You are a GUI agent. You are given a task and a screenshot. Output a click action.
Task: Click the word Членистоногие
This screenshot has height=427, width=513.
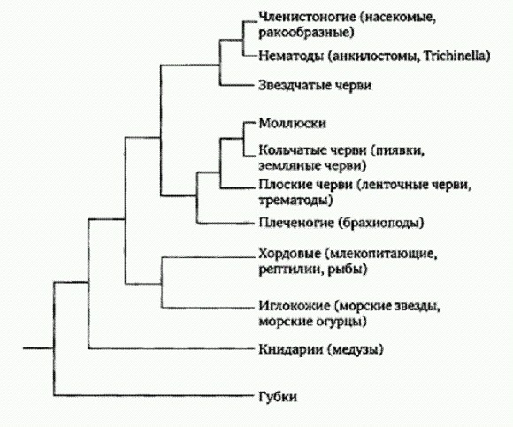[x=307, y=17]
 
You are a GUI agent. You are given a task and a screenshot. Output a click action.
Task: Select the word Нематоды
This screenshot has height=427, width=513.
[x=291, y=57]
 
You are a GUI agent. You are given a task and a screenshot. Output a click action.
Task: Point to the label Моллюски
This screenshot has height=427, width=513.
[x=292, y=123]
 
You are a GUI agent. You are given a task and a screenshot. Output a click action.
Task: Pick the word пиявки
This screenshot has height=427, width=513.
[x=400, y=150]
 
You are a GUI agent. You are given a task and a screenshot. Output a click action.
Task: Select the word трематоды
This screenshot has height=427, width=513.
[x=294, y=200]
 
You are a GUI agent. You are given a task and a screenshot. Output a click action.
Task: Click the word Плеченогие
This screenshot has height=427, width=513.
[x=296, y=223]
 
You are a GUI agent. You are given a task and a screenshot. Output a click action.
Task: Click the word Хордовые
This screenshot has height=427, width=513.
[x=289, y=254]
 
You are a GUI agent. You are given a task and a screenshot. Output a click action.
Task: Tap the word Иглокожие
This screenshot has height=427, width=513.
[x=295, y=307]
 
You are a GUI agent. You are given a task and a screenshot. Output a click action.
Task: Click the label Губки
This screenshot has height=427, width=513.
[x=278, y=397]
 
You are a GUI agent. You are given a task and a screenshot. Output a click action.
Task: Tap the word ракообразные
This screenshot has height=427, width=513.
[x=304, y=33]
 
